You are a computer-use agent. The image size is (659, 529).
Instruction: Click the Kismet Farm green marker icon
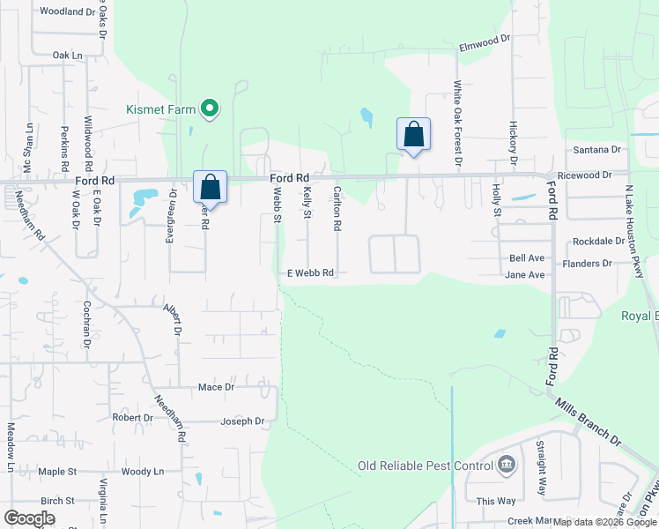pyautogui.click(x=210, y=108)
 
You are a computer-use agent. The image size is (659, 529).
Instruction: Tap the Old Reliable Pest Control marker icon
pyautogui.click(x=507, y=465)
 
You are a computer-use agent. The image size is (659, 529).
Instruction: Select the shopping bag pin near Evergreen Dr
pyautogui.click(x=210, y=187)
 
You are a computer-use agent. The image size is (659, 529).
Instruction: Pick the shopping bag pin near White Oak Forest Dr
pyautogui.click(x=413, y=135)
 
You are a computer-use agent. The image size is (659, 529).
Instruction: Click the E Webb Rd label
pyautogui.click(x=311, y=273)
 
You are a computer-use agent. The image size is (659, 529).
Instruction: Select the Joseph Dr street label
pyautogui.click(x=242, y=421)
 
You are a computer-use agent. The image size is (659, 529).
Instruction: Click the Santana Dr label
pyautogui.click(x=597, y=151)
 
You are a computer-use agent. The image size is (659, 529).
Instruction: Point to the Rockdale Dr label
pyautogui.click(x=598, y=241)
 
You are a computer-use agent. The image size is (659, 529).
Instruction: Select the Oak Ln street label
pyautogui.click(x=67, y=55)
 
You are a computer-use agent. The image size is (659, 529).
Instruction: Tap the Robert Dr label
pyautogui.click(x=133, y=418)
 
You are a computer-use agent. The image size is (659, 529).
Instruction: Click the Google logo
pyautogui.click(x=29, y=518)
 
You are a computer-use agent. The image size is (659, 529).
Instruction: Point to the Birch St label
pyautogui.click(x=58, y=501)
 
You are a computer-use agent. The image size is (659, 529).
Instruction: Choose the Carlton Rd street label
pyautogui.click(x=337, y=208)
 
